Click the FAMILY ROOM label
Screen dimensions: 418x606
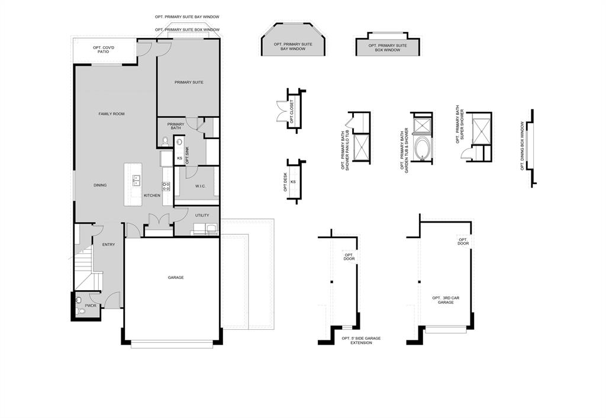tap(111, 114)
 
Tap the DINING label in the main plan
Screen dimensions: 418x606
tap(100, 185)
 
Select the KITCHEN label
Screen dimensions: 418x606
tap(152, 195)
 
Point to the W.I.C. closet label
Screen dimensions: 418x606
tap(200, 186)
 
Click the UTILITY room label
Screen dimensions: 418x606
tap(202, 215)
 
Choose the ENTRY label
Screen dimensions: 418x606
tap(108, 245)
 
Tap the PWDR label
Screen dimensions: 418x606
tap(91, 306)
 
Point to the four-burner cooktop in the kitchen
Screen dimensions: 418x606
tap(166, 186)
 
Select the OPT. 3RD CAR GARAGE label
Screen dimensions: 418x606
tap(446, 300)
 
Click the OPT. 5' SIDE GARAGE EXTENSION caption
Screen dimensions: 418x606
tap(361, 340)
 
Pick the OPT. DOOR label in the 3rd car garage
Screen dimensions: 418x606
tap(463, 242)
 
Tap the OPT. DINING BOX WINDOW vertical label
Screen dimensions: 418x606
tap(522, 146)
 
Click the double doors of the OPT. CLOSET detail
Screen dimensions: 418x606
tap(280, 112)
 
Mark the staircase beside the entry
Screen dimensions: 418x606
tap(84, 266)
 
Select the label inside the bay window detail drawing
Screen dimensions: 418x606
tap(293, 47)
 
